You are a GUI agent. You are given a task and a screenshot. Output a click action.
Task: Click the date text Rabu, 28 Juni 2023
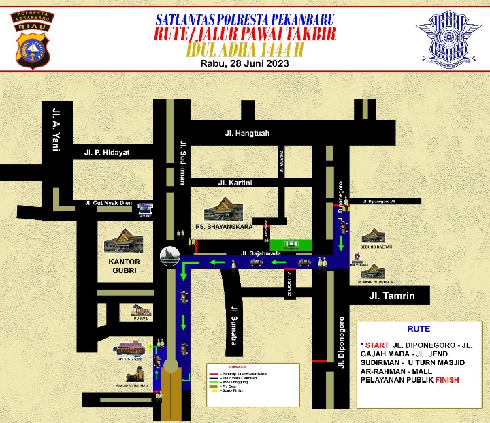(245, 63)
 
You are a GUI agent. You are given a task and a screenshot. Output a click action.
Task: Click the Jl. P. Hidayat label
(107, 152)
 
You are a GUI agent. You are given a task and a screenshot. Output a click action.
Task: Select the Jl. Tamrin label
(391, 296)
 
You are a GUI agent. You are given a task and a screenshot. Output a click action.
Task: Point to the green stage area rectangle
(291, 245)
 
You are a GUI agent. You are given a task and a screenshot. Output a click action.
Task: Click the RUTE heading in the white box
(419, 328)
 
